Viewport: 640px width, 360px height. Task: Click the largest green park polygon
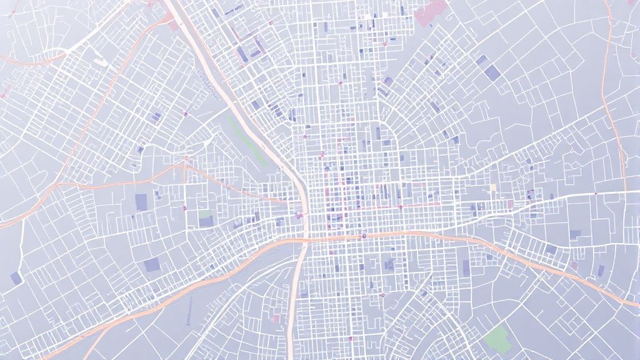(x=497, y=337)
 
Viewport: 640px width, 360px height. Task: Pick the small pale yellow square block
(x=492, y=187)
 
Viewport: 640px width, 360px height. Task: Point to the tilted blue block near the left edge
(x=16, y=277)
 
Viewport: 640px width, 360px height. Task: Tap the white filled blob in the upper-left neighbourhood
(x=100, y=62)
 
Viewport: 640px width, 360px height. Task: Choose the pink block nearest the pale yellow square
(x=510, y=204)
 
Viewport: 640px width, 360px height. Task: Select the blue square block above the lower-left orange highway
(x=141, y=201)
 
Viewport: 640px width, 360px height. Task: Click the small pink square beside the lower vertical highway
(x=276, y=319)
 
